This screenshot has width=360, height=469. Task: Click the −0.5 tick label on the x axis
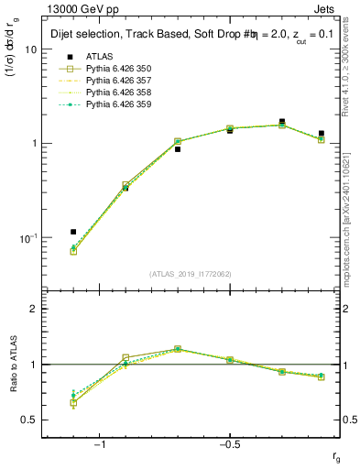pos(229,444)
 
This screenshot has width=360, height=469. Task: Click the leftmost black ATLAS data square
pos(73,232)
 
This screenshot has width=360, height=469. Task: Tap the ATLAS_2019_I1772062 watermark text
pos(191,274)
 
